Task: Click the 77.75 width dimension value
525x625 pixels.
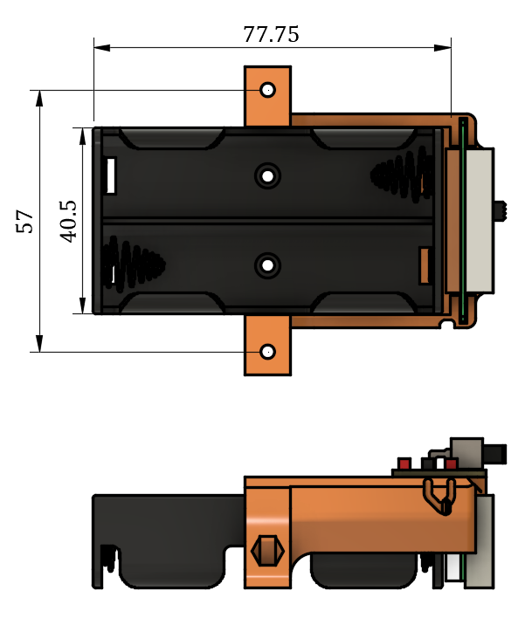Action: click(x=271, y=34)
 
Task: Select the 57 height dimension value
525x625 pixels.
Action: click(x=26, y=221)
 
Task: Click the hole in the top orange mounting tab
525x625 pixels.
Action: click(x=267, y=90)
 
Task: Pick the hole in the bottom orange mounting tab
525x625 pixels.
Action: click(x=267, y=352)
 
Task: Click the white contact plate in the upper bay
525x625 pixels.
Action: click(x=112, y=175)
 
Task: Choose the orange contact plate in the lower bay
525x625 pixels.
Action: click(x=425, y=265)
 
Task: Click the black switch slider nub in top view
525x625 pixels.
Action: click(x=501, y=210)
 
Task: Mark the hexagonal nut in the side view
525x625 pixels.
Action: click(x=267, y=552)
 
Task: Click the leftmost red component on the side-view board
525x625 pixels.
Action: click(x=404, y=463)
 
